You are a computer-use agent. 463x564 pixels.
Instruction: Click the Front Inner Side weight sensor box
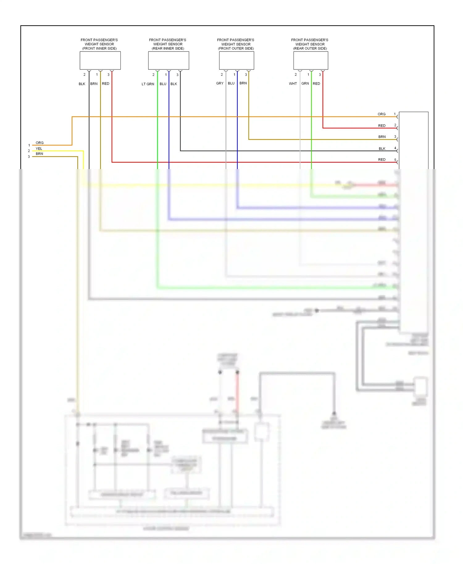click(100, 60)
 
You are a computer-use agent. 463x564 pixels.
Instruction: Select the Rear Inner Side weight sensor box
click(169, 60)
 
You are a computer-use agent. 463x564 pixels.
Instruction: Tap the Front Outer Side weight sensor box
click(236, 60)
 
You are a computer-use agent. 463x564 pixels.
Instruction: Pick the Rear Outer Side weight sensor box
click(311, 60)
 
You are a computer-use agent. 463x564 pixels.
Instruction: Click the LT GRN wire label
click(148, 84)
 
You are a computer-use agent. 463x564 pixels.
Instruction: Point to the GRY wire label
click(220, 83)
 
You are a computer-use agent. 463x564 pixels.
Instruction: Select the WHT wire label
click(293, 84)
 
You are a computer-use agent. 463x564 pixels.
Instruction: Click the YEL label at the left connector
click(39, 149)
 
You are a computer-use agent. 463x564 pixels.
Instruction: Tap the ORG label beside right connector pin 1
click(382, 114)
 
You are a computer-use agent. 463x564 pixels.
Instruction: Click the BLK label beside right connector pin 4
click(382, 149)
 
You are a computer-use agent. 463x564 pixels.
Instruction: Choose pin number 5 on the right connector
click(395, 160)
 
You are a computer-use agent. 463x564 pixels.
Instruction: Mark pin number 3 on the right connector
click(395, 137)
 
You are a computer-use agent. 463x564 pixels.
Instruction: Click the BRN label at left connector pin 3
click(39, 154)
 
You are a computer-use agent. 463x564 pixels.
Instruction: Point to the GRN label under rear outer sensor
click(305, 84)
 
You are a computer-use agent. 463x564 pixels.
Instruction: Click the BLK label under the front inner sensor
click(82, 84)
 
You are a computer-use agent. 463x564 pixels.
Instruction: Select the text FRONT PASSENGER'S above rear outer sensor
click(310, 40)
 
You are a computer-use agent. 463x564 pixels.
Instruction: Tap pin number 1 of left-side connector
click(29, 145)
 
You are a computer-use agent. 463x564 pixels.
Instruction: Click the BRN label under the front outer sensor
click(243, 83)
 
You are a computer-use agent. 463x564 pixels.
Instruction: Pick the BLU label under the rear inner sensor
click(163, 84)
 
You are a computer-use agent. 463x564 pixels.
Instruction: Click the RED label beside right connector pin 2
click(382, 126)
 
